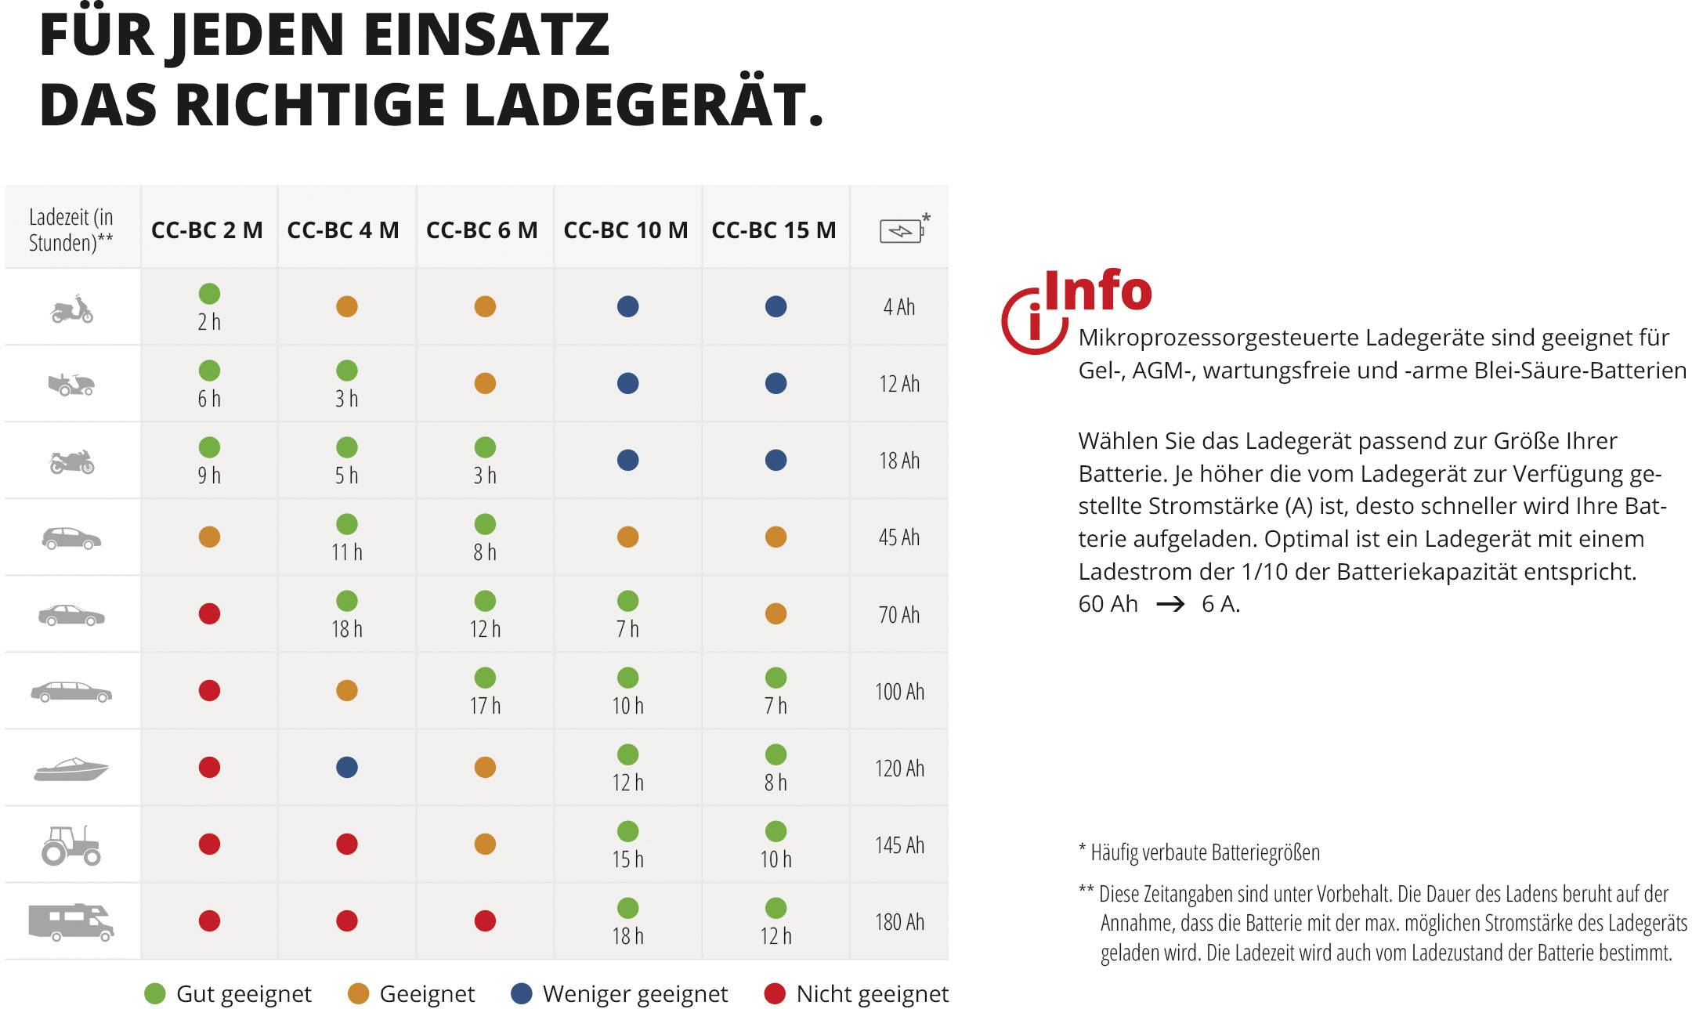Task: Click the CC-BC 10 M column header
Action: [x=625, y=230]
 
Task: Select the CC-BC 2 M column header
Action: [x=207, y=230]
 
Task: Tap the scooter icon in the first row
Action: [x=71, y=309]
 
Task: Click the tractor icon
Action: [x=71, y=845]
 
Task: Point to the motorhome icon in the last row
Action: [x=71, y=921]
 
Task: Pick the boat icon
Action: [x=71, y=769]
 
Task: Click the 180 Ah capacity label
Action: [x=899, y=922]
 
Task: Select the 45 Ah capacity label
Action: [x=899, y=537]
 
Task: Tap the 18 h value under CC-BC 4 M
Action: [x=347, y=629]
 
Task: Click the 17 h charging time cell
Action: [x=485, y=706]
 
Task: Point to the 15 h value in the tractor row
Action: [x=627, y=859]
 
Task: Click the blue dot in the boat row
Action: [x=347, y=768]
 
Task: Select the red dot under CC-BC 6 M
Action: [x=485, y=921]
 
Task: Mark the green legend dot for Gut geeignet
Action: [x=155, y=994]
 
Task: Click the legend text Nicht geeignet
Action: [x=872, y=994]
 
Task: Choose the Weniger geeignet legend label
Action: [x=634, y=994]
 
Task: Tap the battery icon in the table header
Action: [x=901, y=231]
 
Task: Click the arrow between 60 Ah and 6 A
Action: [x=1170, y=605]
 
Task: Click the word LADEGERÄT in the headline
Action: [x=642, y=105]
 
